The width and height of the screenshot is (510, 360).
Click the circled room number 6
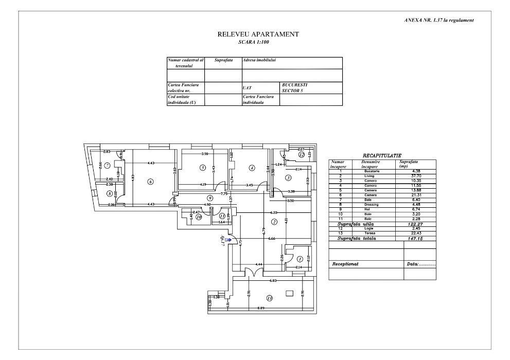pyautogui.click(x=150, y=181)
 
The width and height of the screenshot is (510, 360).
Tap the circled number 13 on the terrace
pyautogui.click(x=269, y=298)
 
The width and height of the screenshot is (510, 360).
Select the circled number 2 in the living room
pyautogui.click(x=274, y=222)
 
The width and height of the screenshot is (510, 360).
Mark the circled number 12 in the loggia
pyautogui.click(x=301, y=154)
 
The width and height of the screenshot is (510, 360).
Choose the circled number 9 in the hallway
pyautogui.click(x=210, y=198)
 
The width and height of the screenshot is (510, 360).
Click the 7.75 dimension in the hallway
pyautogui.click(x=224, y=194)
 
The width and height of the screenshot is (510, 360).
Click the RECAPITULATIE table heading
pyautogui.click(x=382, y=155)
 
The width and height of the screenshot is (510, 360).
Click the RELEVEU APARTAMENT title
pyautogui.click(x=258, y=34)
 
